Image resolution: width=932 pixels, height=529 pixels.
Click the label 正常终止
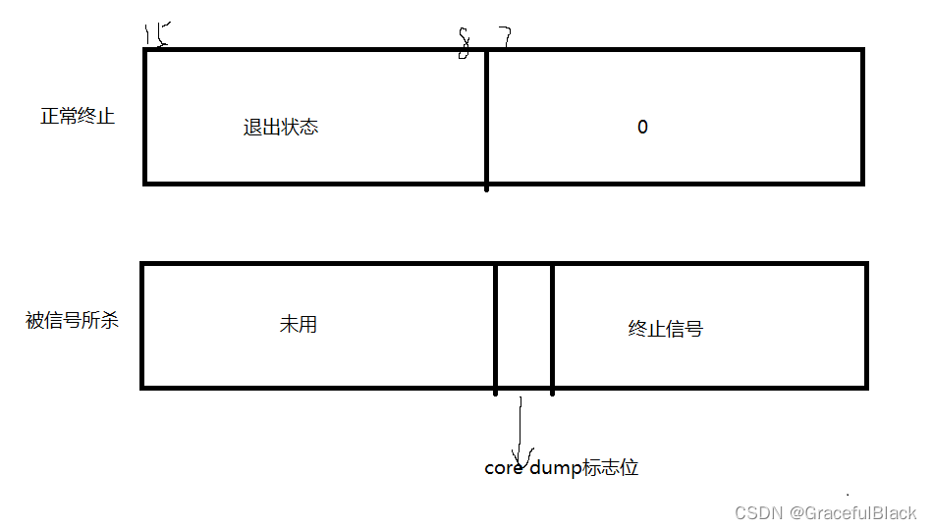(x=78, y=117)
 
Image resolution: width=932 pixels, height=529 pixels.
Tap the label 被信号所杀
(x=72, y=321)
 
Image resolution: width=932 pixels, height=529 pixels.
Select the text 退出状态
(x=281, y=128)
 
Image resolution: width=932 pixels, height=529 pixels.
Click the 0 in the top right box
(x=642, y=128)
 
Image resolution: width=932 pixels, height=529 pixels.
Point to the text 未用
(x=298, y=325)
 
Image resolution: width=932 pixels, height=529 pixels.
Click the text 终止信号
(x=665, y=329)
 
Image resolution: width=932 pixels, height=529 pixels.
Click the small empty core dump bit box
(x=523, y=325)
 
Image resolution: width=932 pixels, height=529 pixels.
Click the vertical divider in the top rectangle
(x=486, y=117)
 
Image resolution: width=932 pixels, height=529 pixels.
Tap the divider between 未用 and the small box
(x=496, y=325)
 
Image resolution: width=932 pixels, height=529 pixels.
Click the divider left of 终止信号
(x=552, y=325)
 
